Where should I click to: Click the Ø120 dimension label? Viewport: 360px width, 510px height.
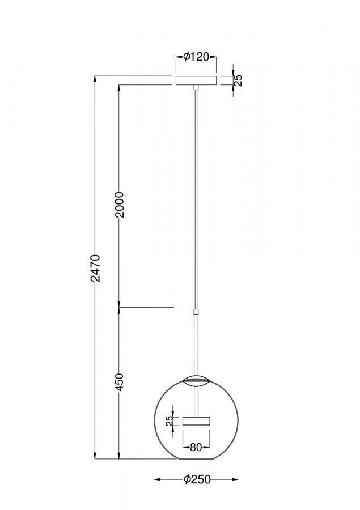pyautogui.click(x=196, y=57)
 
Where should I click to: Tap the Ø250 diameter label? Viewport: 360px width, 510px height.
pyautogui.click(x=197, y=479)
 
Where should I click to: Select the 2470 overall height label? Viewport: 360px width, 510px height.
pyautogui.click(x=96, y=268)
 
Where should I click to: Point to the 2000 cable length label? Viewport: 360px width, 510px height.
pyautogui.click(x=120, y=205)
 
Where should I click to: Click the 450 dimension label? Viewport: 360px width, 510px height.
pyautogui.click(x=120, y=382)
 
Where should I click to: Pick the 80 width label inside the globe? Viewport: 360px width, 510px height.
pyautogui.click(x=196, y=447)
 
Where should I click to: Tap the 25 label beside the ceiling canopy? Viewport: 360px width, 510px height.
pyautogui.click(x=239, y=80)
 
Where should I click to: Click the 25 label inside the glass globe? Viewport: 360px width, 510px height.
pyautogui.click(x=170, y=421)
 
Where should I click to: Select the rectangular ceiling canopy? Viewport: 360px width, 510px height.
pyautogui.click(x=196, y=80)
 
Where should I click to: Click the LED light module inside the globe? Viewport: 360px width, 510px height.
pyautogui.click(x=196, y=421)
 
